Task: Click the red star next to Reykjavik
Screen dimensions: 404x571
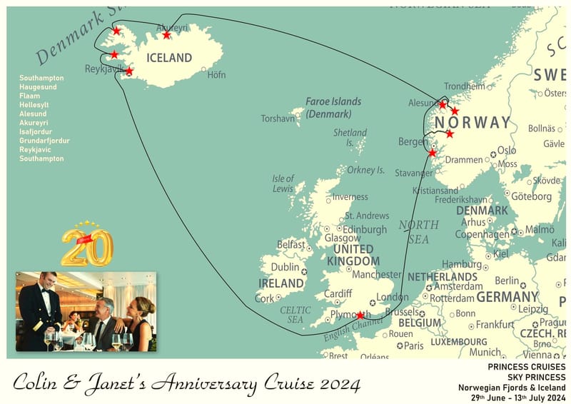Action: [x=129, y=71]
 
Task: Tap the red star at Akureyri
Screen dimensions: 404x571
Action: [x=166, y=35]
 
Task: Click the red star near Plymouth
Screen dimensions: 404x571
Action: [x=360, y=315]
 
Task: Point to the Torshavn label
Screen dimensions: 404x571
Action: [x=278, y=118]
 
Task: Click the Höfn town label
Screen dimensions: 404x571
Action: [x=216, y=74]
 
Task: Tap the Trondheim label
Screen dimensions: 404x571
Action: [x=464, y=86]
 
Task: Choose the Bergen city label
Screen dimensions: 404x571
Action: [x=413, y=142]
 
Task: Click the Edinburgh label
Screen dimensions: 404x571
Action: [x=365, y=229]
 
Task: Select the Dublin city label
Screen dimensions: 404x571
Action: [x=285, y=267]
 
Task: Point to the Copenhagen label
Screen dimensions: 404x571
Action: [x=482, y=234]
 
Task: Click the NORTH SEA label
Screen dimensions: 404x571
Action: [x=418, y=232]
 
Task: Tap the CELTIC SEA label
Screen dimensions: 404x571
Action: [x=295, y=315]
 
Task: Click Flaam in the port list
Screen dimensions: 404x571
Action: [x=29, y=96]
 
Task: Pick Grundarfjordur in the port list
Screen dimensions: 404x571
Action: [x=44, y=141]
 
